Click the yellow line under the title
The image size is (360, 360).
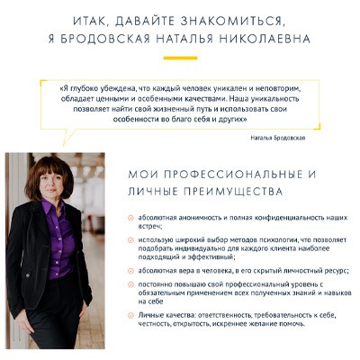coord(180,58)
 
